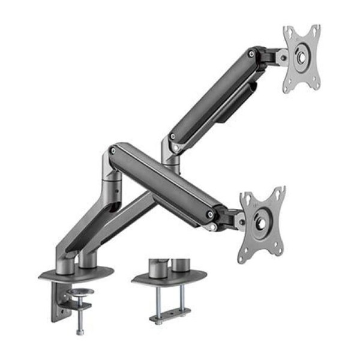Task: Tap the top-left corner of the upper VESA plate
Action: point(286,29)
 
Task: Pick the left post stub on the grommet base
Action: point(157,268)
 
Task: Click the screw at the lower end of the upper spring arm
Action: point(173,137)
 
